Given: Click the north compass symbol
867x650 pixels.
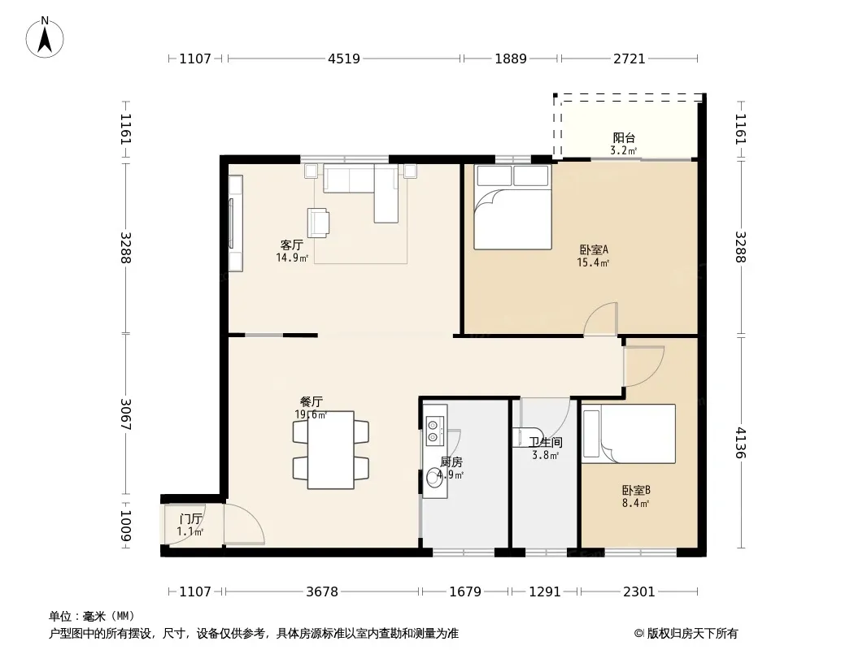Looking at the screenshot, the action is pos(45,37).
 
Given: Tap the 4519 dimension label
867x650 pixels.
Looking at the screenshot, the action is pos(344,58).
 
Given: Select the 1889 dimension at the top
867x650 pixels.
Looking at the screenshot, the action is pos(510,58).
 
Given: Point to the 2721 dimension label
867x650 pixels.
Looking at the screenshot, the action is pos(630,58).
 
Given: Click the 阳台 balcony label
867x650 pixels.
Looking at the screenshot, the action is pos(624,137).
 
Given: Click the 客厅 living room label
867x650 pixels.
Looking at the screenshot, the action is pos(291,245).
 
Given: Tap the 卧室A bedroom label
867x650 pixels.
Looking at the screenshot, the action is pos(594,249).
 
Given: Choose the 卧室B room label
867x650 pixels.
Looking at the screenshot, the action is pos(636,490).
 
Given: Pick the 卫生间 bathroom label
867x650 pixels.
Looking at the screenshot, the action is pos(545,442).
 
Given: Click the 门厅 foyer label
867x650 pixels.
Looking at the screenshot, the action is pos(191,519).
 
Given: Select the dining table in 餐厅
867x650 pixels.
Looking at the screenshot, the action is pos(331,449).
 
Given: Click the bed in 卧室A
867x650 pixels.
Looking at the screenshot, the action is pos(512,206).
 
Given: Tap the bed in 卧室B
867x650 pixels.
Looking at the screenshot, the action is pos(629,434).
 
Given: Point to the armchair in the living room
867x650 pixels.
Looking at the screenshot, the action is pos(319,223).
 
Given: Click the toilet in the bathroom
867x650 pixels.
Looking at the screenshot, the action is pos(522,437).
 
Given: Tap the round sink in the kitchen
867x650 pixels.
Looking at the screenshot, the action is pos(433,479).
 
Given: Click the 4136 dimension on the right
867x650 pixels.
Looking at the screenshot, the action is pos(740,443).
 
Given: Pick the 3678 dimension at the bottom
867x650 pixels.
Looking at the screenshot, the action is pos(322,592).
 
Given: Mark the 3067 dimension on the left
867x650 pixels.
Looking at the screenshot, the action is pos(125,414).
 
